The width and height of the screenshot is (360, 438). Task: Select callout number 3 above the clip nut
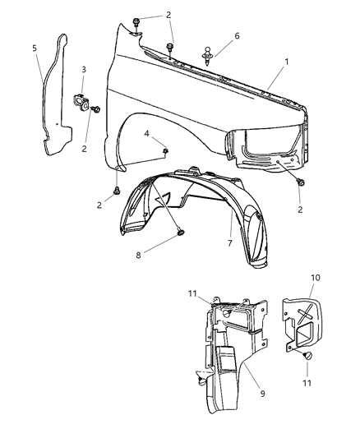tap(84, 69)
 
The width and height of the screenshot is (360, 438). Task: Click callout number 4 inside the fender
tap(145, 132)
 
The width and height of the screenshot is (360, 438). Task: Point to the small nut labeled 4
tap(166, 150)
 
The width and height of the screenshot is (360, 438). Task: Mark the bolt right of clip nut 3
tap(96, 108)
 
